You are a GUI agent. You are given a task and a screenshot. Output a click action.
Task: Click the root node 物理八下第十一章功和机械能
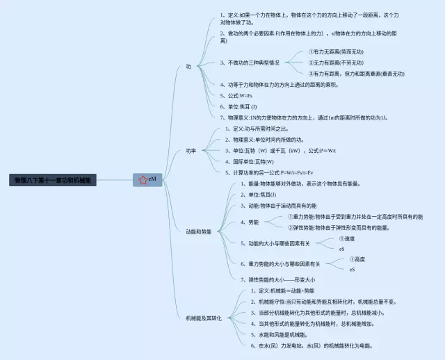point(53,180)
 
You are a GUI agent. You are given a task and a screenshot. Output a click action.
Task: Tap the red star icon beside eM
point(143,180)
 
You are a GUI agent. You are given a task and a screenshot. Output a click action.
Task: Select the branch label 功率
point(191,151)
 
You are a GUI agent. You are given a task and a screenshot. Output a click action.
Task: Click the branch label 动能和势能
point(198,231)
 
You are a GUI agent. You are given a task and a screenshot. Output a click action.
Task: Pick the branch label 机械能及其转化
point(204,318)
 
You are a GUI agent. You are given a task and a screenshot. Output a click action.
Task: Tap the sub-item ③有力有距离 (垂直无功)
point(356,73)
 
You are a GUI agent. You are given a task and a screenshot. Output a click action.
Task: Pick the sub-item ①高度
point(356,259)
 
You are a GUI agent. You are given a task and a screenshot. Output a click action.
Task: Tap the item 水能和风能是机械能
point(282,334)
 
